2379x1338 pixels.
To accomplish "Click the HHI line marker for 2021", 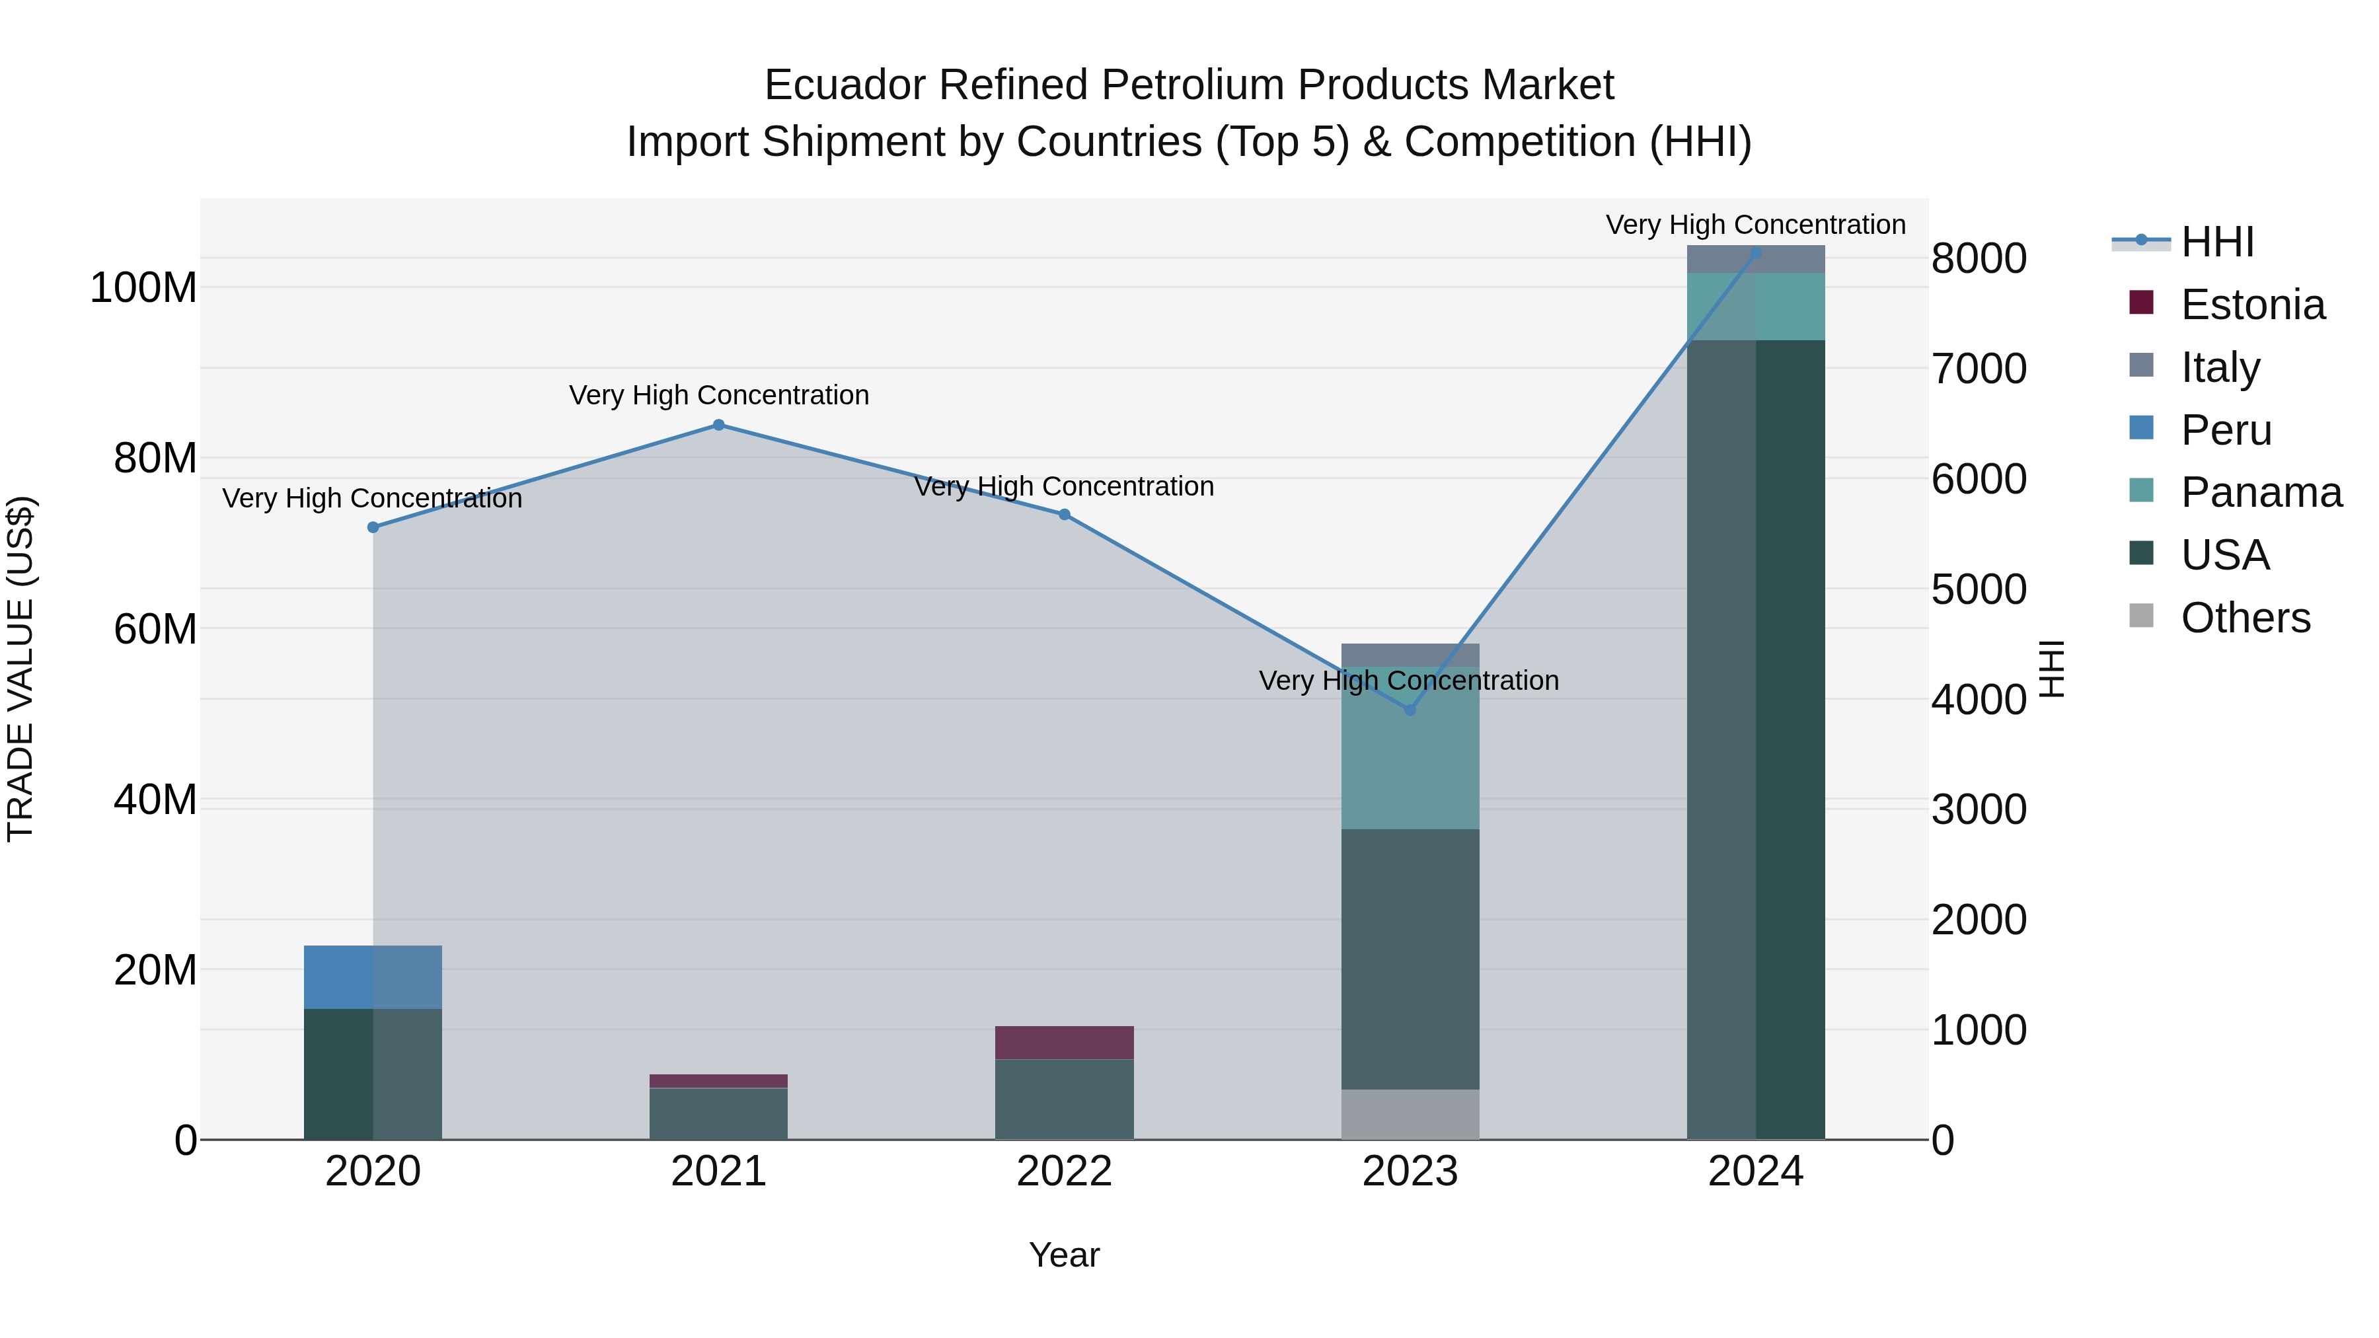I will click(x=718, y=425).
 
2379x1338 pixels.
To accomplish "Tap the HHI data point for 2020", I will click(x=373, y=527).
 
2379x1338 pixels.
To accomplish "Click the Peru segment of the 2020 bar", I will click(x=373, y=977).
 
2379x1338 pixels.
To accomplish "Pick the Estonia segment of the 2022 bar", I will click(x=1064, y=1043).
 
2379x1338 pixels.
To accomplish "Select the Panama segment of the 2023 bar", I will click(x=1410, y=748).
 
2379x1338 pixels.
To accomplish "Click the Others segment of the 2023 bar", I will click(x=1410, y=1115).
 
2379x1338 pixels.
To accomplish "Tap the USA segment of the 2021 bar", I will click(x=718, y=1113).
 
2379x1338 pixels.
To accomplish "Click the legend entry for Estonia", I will click(x=2251, y=305).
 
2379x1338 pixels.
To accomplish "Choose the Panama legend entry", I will click(x=2260, y=492).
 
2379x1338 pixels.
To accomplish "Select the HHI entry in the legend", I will click(x=2216, y=242).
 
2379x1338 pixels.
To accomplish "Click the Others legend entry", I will click(x=2244, y=618).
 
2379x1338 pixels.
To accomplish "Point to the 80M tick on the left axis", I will click(x=155, y=458).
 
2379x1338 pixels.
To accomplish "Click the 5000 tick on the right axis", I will click(x=1978, y=589).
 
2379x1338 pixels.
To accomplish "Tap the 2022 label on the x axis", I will click(x=1064, y=1171).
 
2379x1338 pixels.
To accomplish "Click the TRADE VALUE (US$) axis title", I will click(x=20, y=669).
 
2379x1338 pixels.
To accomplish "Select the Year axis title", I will click(x=1064, y=1255).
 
